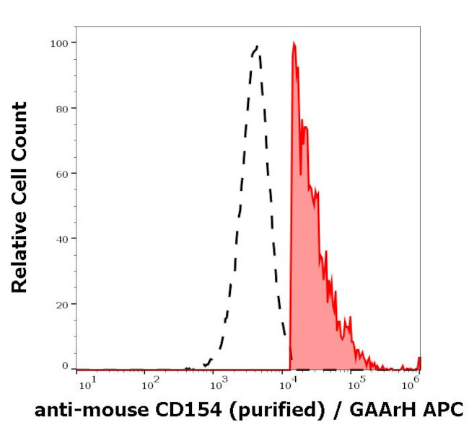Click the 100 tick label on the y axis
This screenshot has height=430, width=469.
coord(59,43)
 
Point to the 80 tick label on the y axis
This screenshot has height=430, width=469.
coord(62,109)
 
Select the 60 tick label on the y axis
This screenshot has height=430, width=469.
coord(62,174)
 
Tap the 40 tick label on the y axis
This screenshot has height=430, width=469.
coord(62,238)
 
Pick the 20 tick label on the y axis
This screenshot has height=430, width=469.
coord(62,304)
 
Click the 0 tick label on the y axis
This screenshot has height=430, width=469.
coord(65,366)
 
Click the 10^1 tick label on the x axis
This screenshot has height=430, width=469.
coord(84,378)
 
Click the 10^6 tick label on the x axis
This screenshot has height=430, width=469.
coord(416,378)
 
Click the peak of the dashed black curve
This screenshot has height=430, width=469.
coord(256,48)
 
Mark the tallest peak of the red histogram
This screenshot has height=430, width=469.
coord(294,43)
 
